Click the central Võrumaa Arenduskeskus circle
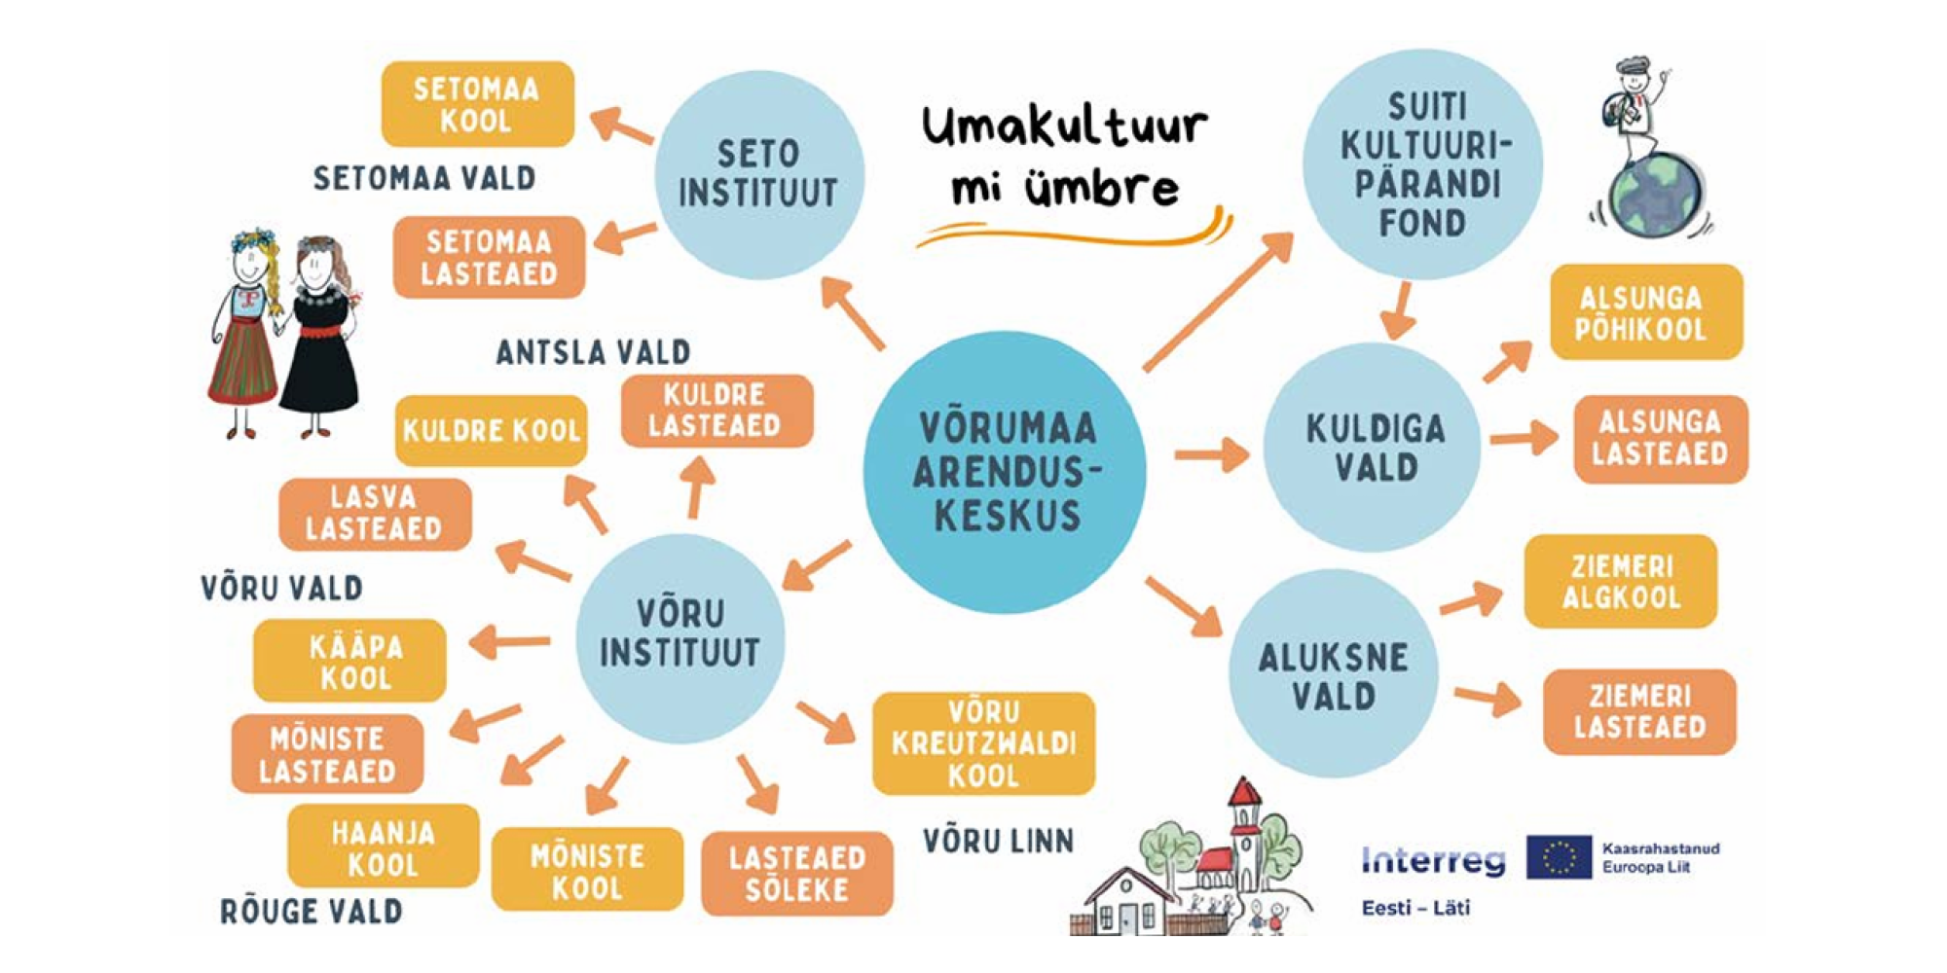[x=1005, y=472]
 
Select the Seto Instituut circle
[x=758, y=175]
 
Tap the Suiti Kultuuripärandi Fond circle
[x=1423, y=165]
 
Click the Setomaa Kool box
[x=477, y=105]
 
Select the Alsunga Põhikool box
[x=1644, y=312]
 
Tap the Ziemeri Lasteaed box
[x=1639, y=711]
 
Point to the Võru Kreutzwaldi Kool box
[x=983, y=743]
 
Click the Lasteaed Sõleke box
[x=796, y=873]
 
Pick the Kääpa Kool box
[x=350, y=661]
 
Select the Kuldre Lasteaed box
[x=716, y=411]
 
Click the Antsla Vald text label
[x=593, y=351]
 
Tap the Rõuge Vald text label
[x=312, y=912]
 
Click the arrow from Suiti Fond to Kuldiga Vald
[x=1400, y=310]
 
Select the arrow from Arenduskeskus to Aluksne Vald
[x=1183, y=605]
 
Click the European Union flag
[x=1559, y=857]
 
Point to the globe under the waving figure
[x=1656, y=195]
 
